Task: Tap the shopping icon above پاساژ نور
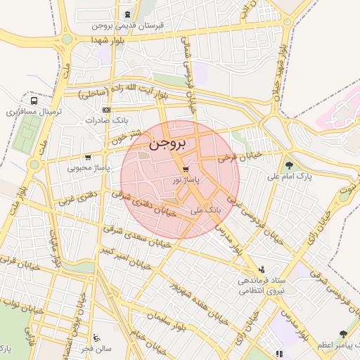[x=185, y=169]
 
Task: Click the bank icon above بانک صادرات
[x=106, y=110]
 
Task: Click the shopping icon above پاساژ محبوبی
[x=88, y=157]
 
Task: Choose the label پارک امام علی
[x=290, y=176]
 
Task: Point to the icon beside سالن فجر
[x=96, y=338]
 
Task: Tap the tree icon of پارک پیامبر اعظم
[x=343, y=335]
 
